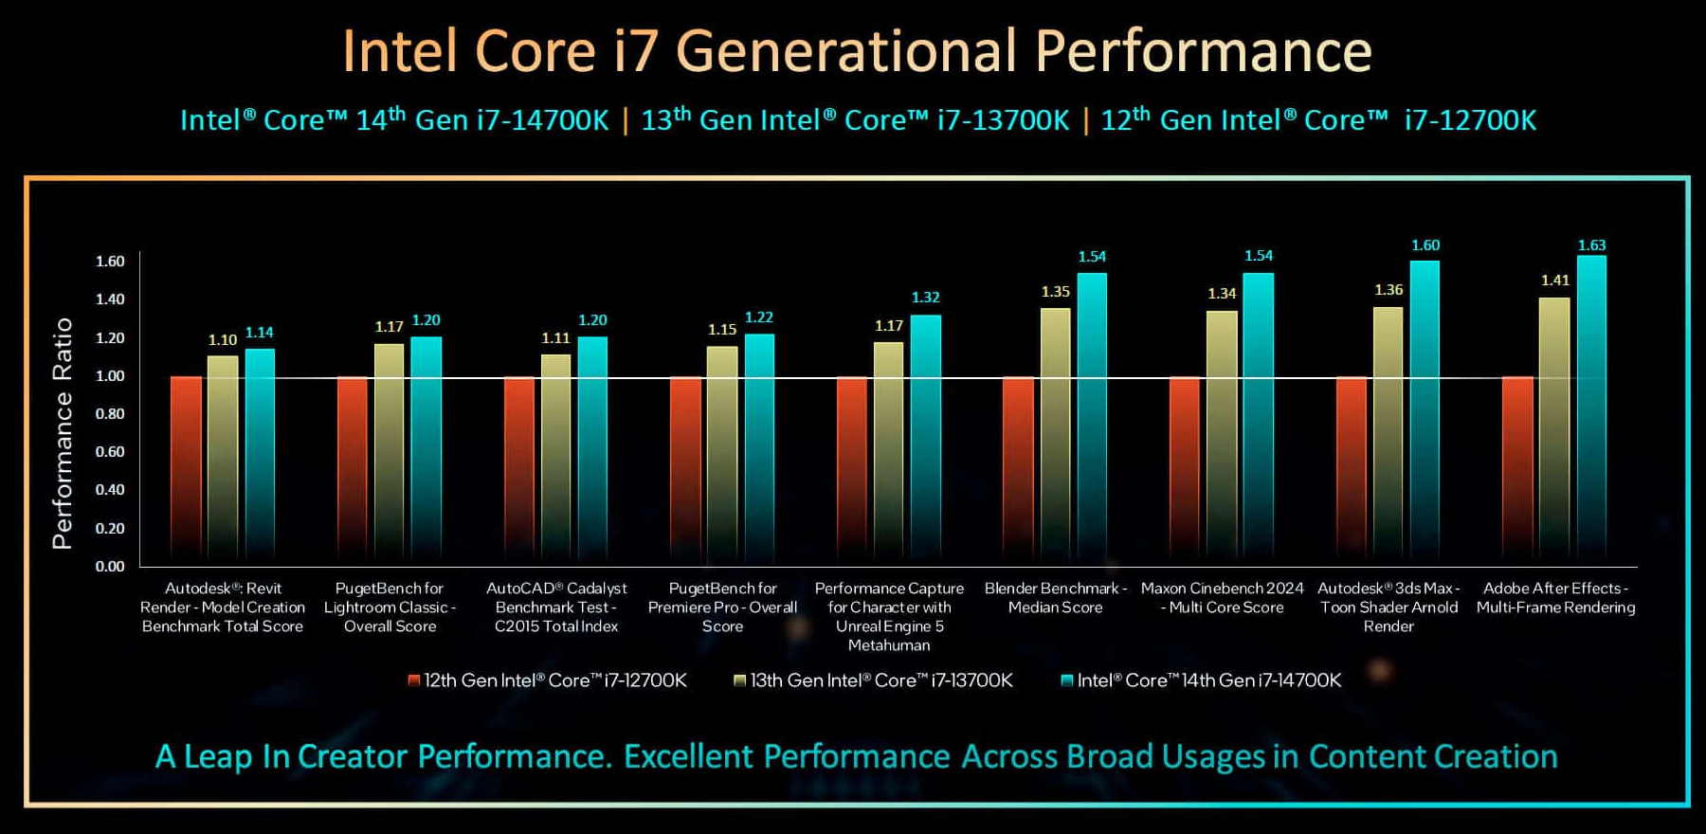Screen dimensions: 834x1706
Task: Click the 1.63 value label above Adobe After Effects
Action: pos(1591,245)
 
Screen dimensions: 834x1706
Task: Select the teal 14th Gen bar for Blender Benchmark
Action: pos(1092,417)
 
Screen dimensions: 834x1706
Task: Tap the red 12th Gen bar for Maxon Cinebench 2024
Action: pos(1185,469)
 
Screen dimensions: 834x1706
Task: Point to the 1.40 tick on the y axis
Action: pos(110,299)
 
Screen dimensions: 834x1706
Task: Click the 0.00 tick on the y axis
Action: pos(110,567)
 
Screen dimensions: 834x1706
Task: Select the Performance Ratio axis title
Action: pos(63,433)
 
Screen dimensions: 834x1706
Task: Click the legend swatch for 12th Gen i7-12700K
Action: pos(414,680)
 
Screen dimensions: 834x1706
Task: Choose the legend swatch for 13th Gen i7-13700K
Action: pos(740,680)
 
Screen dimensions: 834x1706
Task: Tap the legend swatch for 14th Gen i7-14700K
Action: pos(1067,680)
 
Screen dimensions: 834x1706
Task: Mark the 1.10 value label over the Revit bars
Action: pos(223,340)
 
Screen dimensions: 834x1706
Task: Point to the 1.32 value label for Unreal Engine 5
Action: pos(926,298)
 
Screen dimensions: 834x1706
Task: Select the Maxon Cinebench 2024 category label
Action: pos(1222,598)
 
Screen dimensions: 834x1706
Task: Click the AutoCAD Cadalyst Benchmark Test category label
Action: pos(556,607)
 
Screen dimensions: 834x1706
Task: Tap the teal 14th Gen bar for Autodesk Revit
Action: pos(260,455)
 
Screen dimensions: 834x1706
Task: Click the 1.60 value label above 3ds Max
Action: pos(1425,245)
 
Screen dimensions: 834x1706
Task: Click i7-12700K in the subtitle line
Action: pos(1470,120)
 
